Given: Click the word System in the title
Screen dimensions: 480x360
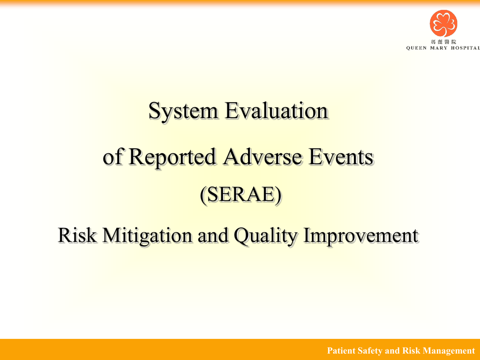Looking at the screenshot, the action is coord(183,111).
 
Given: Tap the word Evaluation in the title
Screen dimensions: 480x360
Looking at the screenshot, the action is coord(277,111).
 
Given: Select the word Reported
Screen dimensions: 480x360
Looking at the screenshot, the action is coord(172,157).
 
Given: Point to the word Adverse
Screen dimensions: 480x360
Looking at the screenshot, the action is coord(262,157).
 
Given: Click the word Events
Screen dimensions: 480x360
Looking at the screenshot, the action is coord(341,157).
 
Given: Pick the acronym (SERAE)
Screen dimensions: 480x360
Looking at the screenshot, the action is coord(240,195).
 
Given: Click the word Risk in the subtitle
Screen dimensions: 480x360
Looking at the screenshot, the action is coord(77,235).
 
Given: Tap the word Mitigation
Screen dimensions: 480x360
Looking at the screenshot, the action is coord(147,236).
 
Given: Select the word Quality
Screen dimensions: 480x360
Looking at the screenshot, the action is coord(265,236).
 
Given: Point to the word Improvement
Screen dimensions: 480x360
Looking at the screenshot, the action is coord(360,236).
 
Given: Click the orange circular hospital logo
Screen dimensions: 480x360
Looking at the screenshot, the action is coord(443,23).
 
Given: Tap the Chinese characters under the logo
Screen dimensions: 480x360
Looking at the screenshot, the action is coord(443,42).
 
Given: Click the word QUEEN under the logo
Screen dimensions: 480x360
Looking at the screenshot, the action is coord(416,48).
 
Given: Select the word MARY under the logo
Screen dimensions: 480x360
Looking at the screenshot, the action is coord(439,48).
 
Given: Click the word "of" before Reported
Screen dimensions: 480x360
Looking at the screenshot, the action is coord(112,157).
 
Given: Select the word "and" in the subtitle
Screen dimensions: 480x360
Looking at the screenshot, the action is coord(213,235).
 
